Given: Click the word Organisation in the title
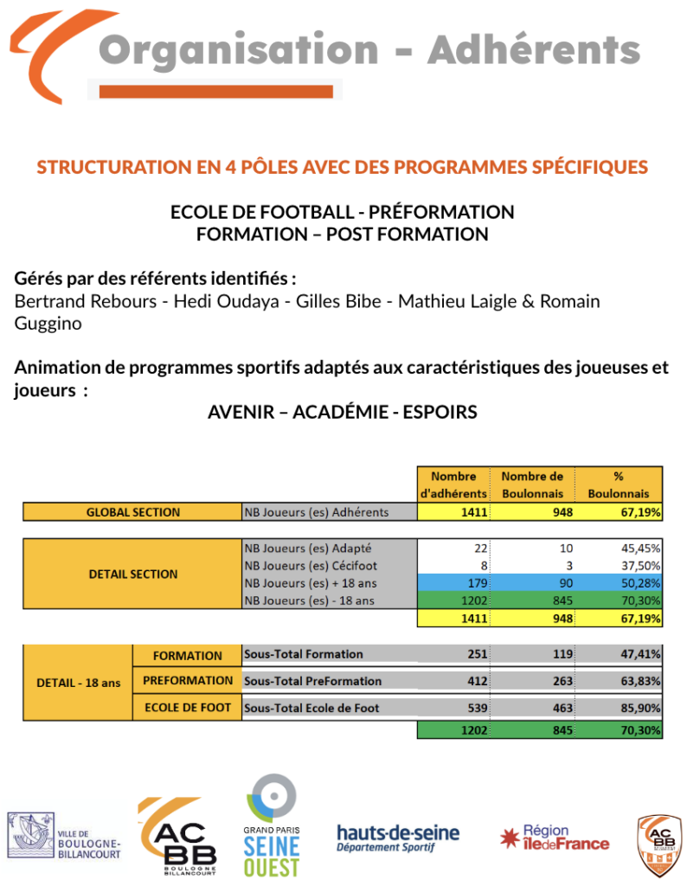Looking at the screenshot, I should coord(239,50).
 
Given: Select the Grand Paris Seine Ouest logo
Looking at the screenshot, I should coord(272,825).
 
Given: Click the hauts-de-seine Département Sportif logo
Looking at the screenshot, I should coord(398,837).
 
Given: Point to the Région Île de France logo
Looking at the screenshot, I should coord(555,838).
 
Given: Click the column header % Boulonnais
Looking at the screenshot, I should coord(619,485).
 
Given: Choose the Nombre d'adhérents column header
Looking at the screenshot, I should coord(453,485).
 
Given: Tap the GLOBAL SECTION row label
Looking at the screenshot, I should coord(132,512).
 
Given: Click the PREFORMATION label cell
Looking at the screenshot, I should coord(188,681).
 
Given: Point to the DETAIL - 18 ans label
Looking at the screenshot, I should coord(78,682).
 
